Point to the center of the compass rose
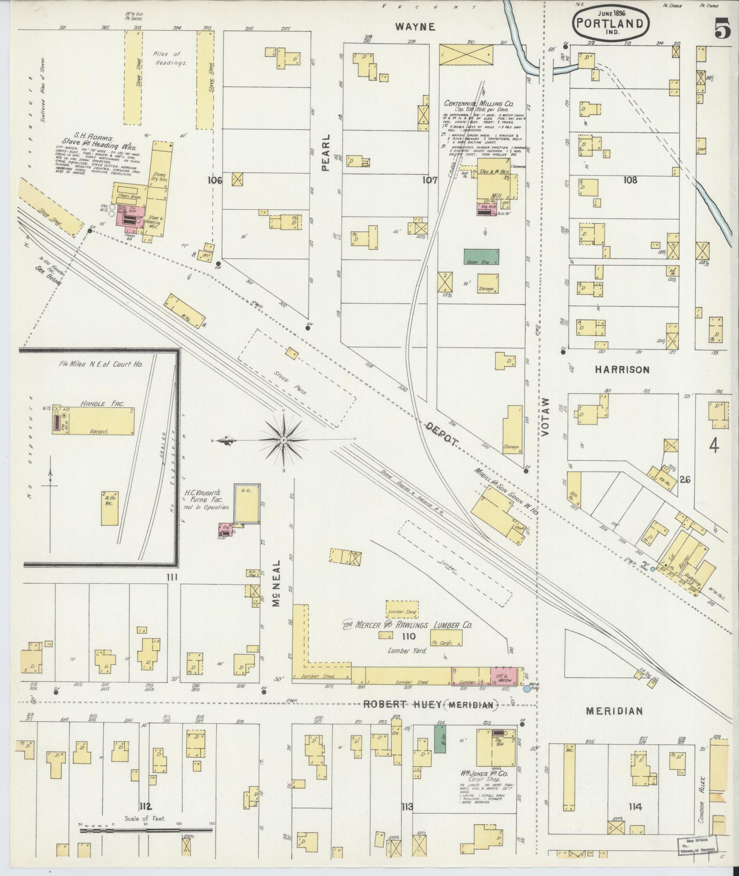[x=284, y=440]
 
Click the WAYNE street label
[x=415, y=27]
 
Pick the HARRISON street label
[x=622, y=370]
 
